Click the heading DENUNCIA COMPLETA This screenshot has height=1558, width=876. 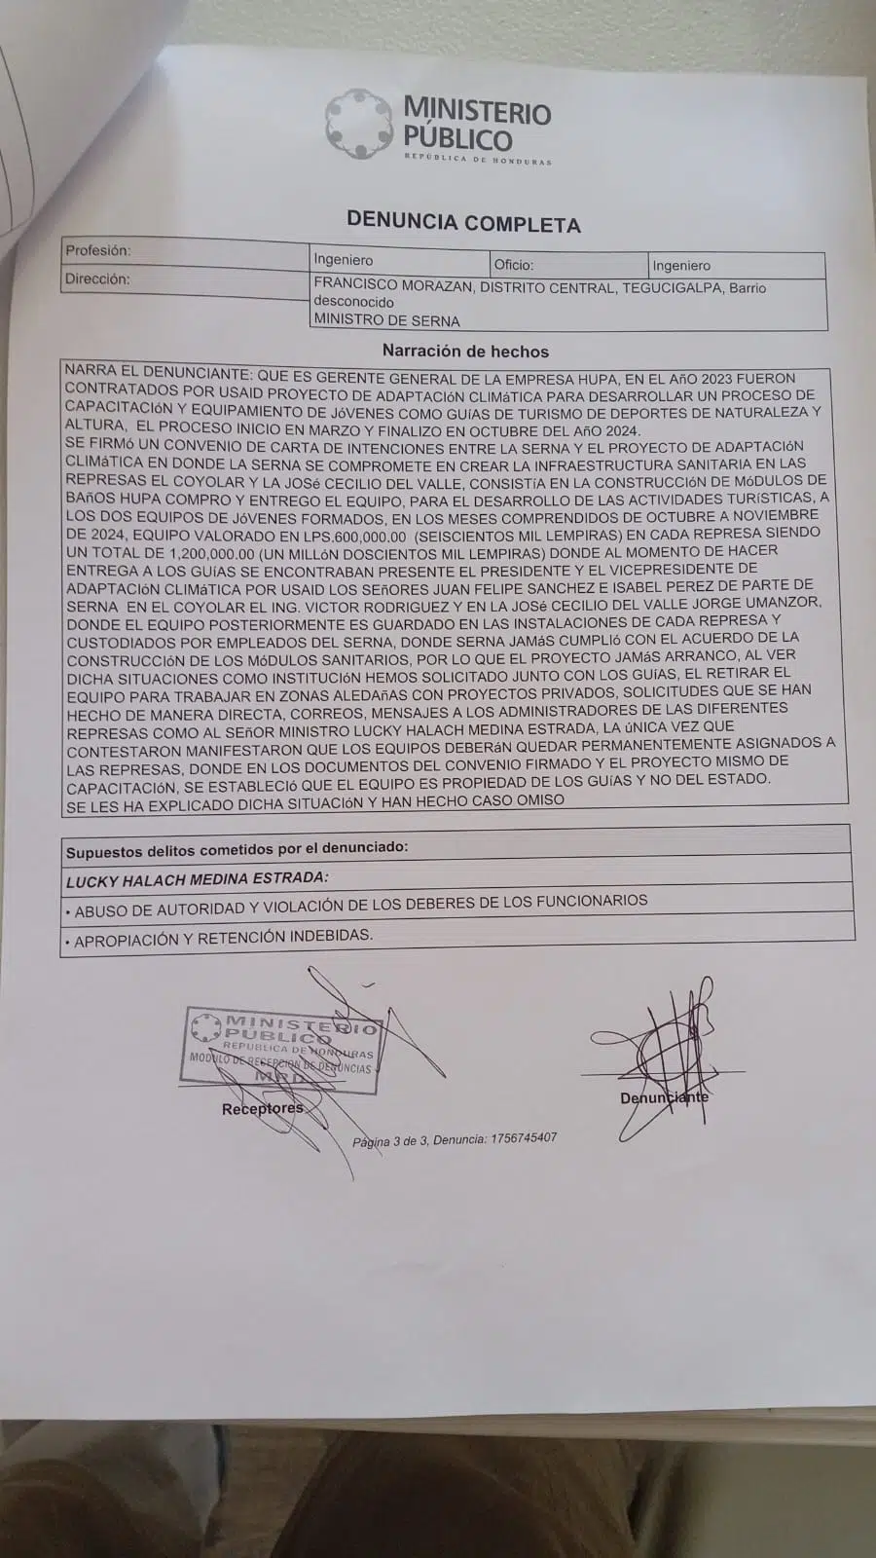(x=463, y=223)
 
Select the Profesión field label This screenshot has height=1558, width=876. (x=97, y=250)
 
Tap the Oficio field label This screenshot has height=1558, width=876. (x=513, y=264)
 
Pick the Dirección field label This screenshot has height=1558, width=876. (x=96, y=278)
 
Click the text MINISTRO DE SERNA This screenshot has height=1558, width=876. (x=386, y=320)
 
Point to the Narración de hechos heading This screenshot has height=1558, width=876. (x=465, y=352)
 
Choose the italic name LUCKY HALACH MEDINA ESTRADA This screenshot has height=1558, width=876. (x=197, y=879)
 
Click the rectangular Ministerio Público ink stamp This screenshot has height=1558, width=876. (x=280, y=1047)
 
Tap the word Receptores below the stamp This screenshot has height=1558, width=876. (x=262, y=1109)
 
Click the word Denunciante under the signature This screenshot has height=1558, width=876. (x=664, y=1097)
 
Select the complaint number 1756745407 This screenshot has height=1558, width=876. (x=524, y=1138)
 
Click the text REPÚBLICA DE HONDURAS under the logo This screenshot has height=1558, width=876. (x=477, y=160)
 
